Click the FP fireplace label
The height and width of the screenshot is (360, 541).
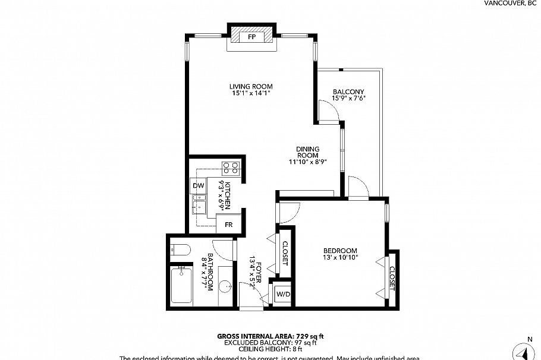[252, 37]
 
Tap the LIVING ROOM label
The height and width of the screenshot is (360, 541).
[250, 86]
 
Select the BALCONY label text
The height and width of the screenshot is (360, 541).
[348, 91]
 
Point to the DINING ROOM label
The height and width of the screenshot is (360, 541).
[309, 152]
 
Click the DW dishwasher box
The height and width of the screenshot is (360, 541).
[198, 186]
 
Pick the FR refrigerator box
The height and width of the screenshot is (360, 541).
[228, 224]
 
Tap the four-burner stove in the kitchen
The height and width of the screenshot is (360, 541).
[231, 168]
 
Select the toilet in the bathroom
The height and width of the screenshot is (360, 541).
[179, 250]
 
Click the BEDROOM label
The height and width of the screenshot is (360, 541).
[340, 251]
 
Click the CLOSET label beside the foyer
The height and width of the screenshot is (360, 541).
[285, 253]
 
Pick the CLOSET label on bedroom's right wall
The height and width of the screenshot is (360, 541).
[392, 279]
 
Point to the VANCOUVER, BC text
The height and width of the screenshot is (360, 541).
[510, 3]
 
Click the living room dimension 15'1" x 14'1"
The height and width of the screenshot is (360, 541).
[250, 93]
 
